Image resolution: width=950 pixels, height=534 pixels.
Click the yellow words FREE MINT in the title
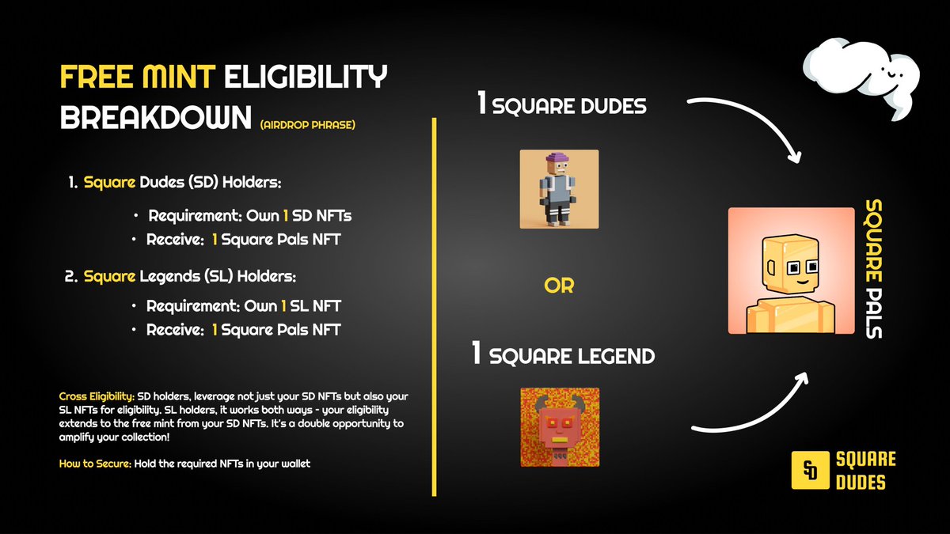(x=138, y=78)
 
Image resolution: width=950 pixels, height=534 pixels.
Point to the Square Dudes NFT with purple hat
(x=559, y=189)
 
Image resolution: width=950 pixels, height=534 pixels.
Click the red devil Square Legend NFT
(x=560, y=426)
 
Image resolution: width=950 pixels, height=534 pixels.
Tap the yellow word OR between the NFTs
(x=559, y=286)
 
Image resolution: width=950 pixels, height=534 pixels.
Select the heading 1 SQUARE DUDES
(x=560, y=105)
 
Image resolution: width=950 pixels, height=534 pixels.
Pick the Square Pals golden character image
(x=791, y=271)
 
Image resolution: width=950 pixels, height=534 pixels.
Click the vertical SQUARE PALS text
(x=873, y=269)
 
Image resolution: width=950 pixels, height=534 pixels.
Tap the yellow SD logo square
(x=809, y=470)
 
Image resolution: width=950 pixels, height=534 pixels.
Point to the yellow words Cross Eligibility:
(x=97, y=395)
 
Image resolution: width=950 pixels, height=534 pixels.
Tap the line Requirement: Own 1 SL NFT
(x=244, y=305)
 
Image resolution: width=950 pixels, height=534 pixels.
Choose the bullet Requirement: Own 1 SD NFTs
(x=247, y=215)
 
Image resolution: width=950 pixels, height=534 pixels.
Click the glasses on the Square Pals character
(x=805, y=269)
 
